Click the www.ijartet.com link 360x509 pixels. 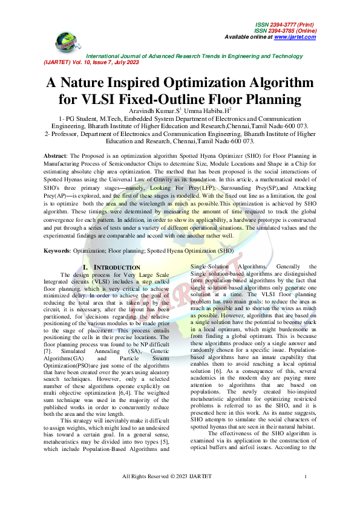295,37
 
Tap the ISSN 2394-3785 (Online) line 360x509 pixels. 284,30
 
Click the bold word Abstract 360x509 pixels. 54,156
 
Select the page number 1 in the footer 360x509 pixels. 307,494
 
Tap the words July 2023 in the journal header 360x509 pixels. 126,62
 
